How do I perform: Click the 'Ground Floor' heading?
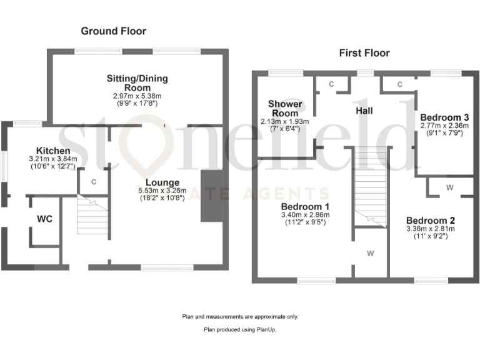click(x=113, y=31)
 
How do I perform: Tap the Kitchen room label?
click(x=53, y=151)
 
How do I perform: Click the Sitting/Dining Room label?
click(x=137, y=83)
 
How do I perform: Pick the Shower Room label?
click(x=286, y=108)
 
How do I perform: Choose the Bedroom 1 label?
click(x=306, y=207)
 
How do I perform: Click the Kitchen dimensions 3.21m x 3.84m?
click(x=53, y=161)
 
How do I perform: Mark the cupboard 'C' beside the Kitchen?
click(x=93, y=182)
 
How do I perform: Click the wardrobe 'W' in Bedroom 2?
click(x=449, y=187)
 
